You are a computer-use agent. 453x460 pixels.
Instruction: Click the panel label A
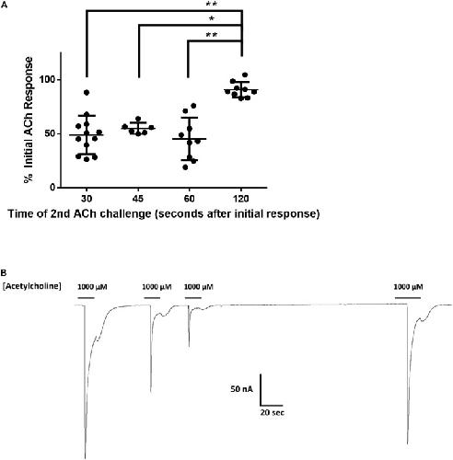coord(4,5)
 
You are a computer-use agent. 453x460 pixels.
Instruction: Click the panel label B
coord(4,272)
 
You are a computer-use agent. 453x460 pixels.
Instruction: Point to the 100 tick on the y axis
coord(58,80)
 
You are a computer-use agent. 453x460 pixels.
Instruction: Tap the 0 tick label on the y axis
coord(52,188)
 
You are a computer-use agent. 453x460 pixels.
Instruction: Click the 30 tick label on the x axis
coord(87,199)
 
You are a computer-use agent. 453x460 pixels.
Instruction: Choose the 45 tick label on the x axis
coord(138,199)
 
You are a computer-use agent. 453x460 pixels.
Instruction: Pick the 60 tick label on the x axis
coord(190,199)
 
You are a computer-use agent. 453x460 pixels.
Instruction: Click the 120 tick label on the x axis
coord(241,199)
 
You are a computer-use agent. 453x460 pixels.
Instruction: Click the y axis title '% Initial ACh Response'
coord(29,120)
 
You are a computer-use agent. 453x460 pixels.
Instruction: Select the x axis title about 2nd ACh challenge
coord(164,213)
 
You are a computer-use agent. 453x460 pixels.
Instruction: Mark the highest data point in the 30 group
coord(87,92)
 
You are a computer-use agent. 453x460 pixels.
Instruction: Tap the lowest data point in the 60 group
coord(185,167)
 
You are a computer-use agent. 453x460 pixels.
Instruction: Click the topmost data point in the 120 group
coord(245,75)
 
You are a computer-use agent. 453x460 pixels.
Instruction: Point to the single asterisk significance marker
coord(212,19)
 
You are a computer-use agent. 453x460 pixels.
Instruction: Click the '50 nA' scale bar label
coord(242,389)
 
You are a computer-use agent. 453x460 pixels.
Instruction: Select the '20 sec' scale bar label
coord(273,412)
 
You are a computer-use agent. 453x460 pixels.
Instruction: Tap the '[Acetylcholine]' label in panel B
coord(32,286)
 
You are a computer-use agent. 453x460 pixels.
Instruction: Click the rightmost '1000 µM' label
coord(408,287)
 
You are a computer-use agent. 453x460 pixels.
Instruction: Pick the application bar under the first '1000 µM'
coord(87,297)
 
